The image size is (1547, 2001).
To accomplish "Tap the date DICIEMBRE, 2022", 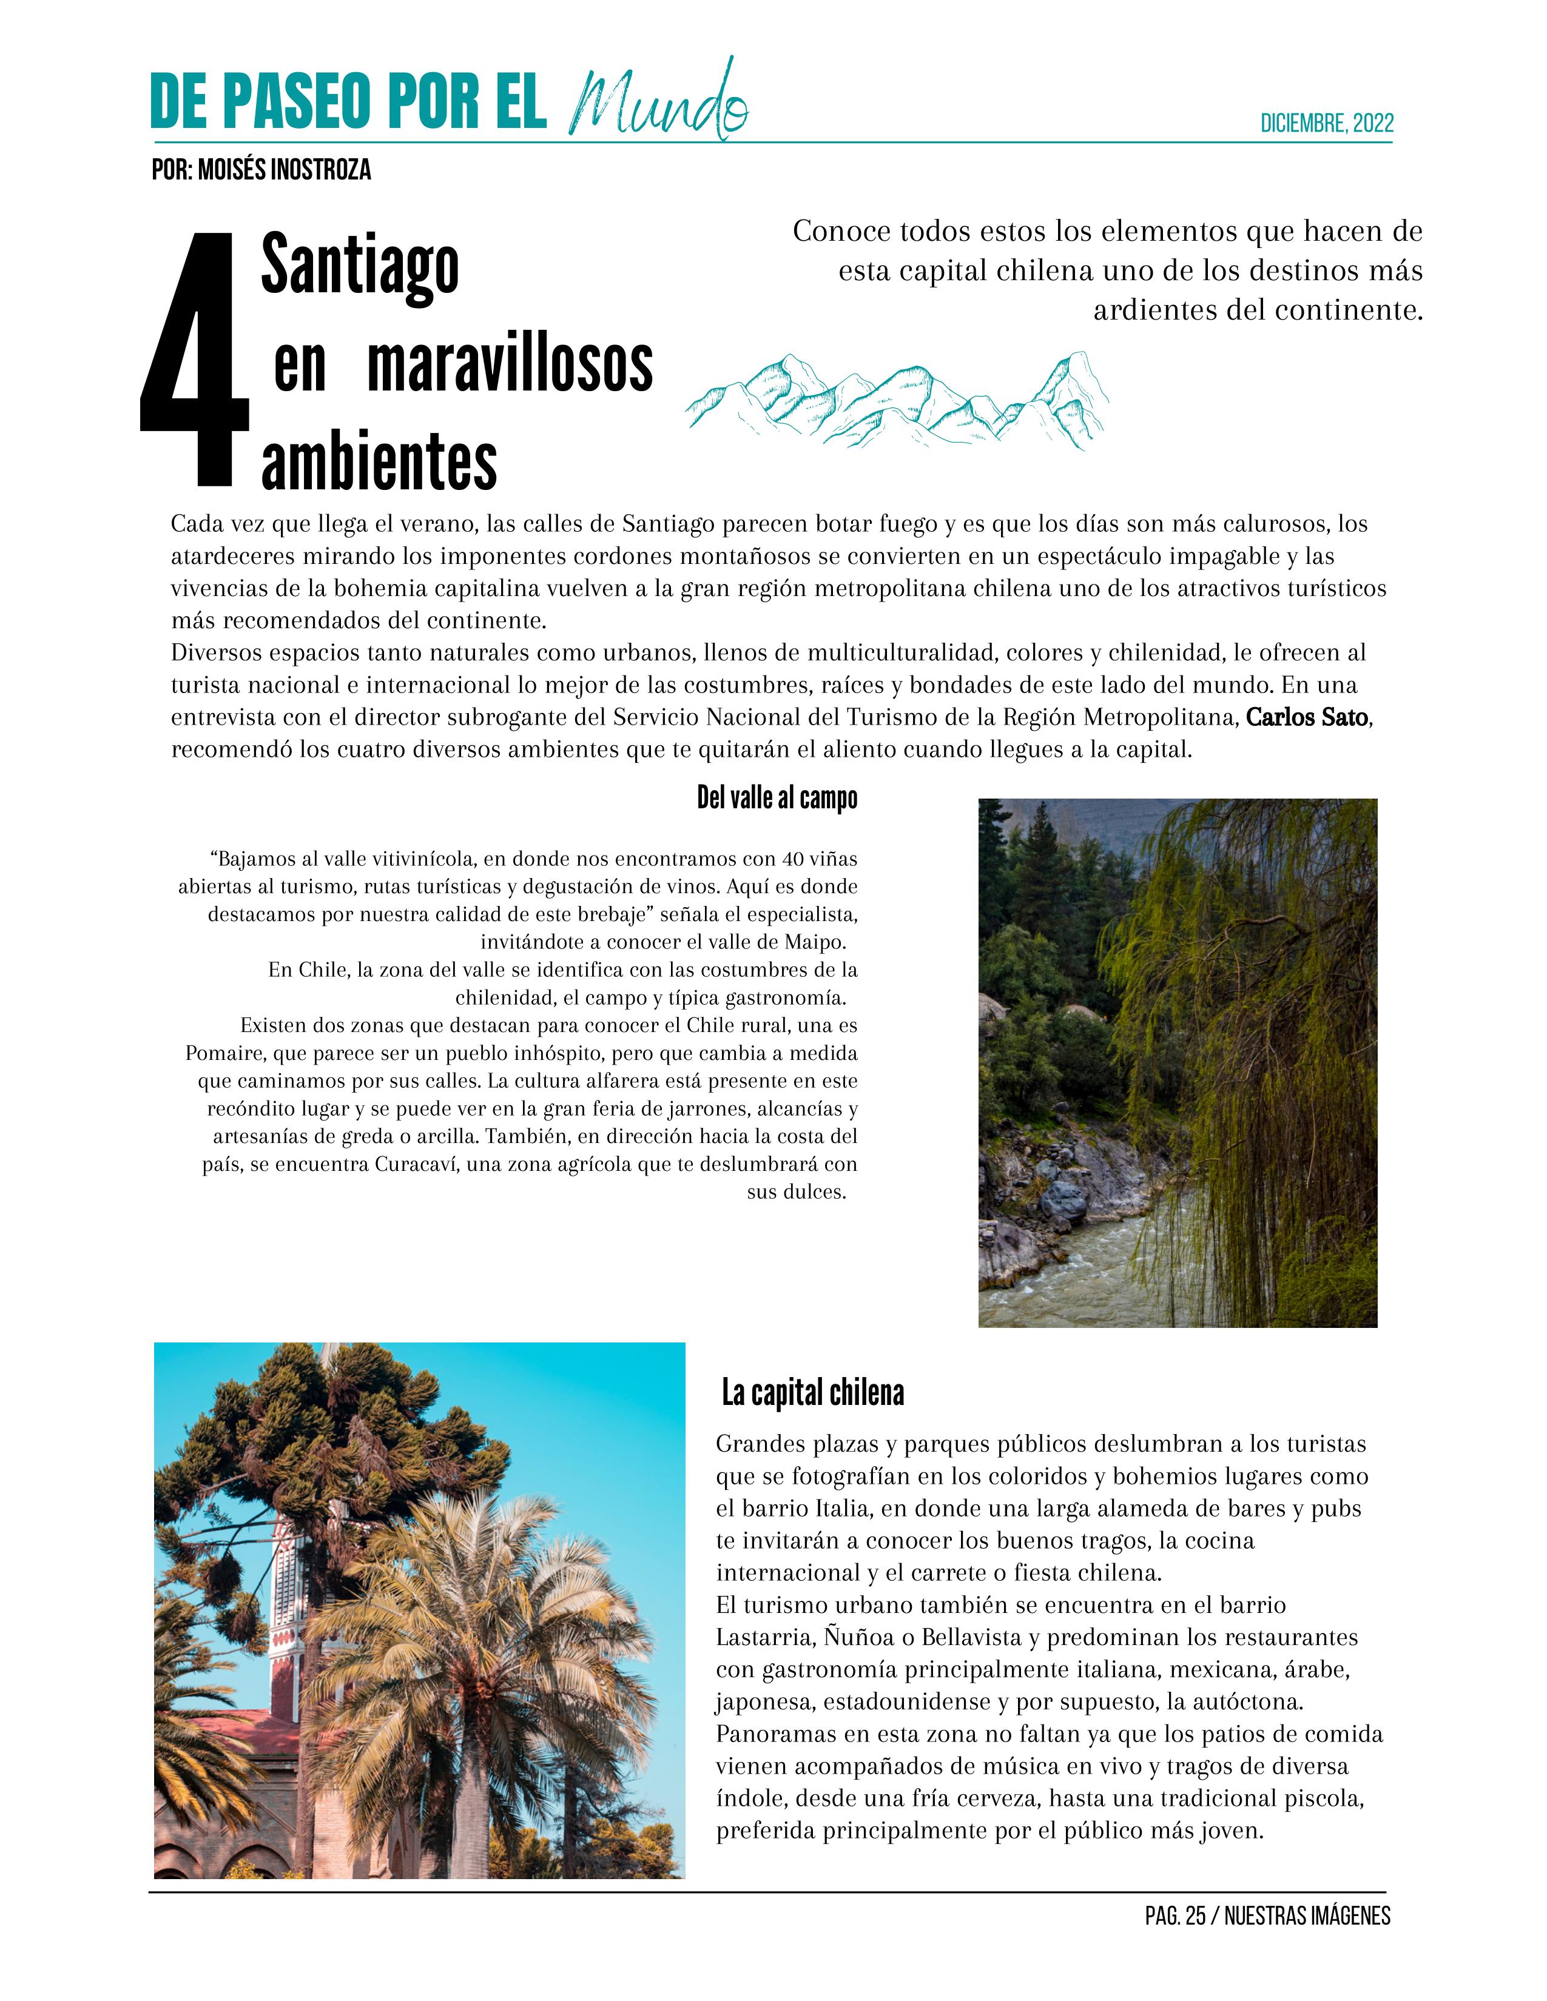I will coord(1326,124).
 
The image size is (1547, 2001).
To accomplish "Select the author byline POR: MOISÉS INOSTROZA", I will coord(261,170).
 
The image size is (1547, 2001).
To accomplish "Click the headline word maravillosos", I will coord(510,364).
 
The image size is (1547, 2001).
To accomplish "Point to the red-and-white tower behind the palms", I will coord(291,1612).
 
